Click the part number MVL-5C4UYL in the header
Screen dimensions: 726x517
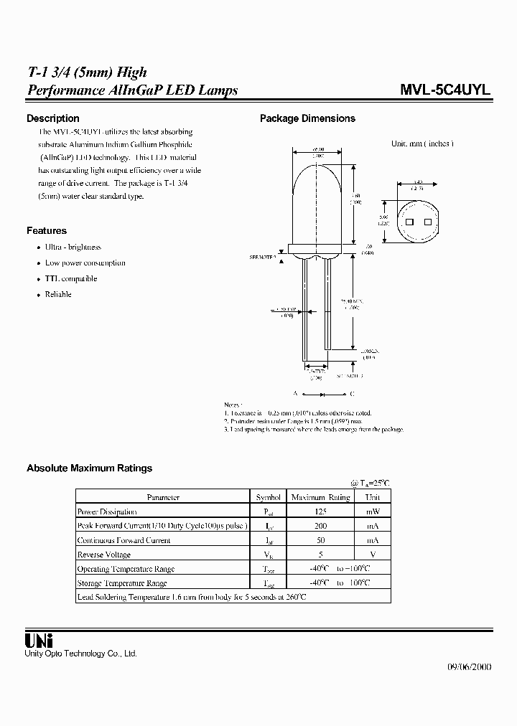click(444, 91)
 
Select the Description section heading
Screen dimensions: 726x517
click(52, 118)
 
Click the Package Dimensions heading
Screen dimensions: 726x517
click(307, 118)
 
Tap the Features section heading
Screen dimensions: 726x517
click(47, 230)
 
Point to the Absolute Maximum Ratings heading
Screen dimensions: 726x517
click(89, 468)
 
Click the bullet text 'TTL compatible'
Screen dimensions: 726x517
click(70, 278)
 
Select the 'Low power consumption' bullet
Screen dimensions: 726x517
click(85, 263)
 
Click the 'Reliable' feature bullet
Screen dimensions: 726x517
click(58, 294)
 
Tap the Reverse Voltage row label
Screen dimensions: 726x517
click(104, 555)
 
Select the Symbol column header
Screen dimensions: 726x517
click(269, 497)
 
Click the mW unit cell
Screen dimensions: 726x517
click(373, 511)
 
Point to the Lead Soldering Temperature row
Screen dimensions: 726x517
click(191, 596)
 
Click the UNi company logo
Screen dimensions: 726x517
click(39, 641)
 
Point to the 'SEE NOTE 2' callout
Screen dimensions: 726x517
click(264, 256)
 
